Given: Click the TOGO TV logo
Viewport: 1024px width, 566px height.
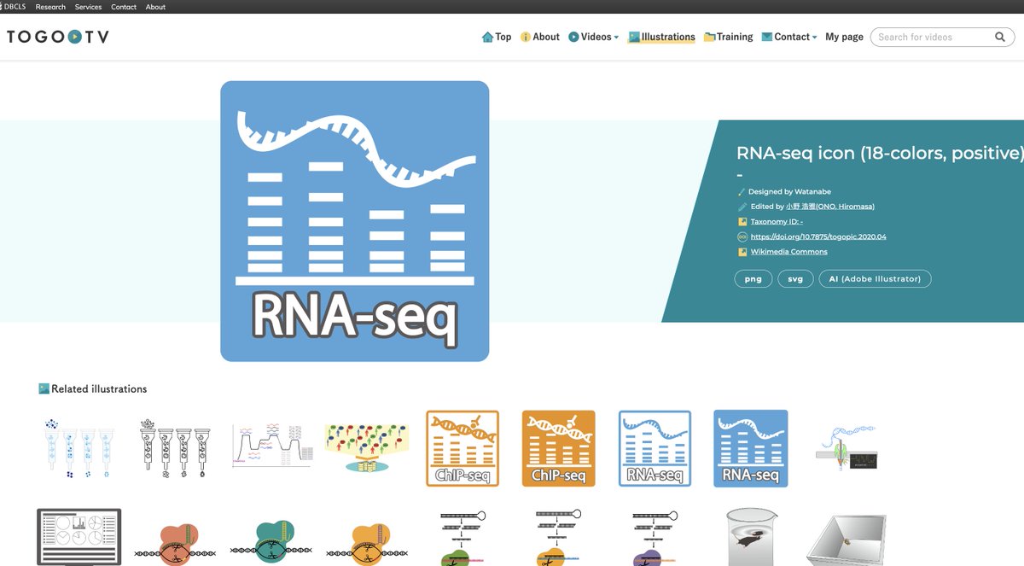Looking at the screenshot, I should pyautogui.click(x=57, y=37).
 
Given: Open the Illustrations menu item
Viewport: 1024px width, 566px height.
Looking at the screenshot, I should pyautogui.click(x=662, y=37).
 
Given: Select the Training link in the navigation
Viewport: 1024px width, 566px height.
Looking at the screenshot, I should pyautogui.click(x=729, y=37).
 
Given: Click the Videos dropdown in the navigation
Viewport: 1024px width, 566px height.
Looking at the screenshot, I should pyautogui.click(x=594, y=37).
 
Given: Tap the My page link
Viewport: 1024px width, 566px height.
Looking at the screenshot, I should pyautogui.click(x=844, y=37).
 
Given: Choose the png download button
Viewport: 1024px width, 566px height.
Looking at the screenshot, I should pyautogui.click(x=753, y=279).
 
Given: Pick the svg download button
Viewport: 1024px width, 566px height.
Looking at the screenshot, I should pyautogui.click(x=795, y=279).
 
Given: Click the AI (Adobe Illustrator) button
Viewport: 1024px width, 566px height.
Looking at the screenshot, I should pyautogui.click(x=875, y=279).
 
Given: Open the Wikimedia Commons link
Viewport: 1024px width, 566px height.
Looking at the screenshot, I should pyautogui.click(x=788, y=252).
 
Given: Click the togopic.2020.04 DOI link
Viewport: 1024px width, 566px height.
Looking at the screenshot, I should pyautogui.click(x=818, y=236).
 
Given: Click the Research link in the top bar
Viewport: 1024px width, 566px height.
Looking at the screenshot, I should pyautogui.click(x=50, y=7).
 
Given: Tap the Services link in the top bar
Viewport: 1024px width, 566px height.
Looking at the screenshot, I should pyautogui.click(x=88, y=7).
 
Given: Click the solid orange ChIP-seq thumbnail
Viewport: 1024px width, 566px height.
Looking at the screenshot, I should pyautogui.click(x=559, y=448).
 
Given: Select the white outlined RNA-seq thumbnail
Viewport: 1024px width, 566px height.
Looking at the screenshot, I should pyautogui.click(x=655, y=448).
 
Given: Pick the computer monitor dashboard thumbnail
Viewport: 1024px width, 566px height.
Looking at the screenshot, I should pyautogui.click(x=79, y=537).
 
